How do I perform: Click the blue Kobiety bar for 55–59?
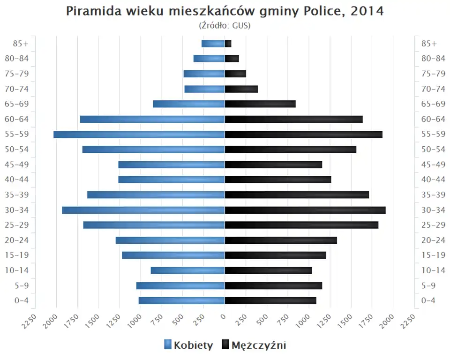tap(139, 135)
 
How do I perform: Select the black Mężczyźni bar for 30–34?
tap(305, 210)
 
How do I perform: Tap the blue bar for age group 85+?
tap(213, 44)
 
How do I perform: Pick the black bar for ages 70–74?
tap(241, 89)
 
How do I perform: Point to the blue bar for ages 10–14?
tap(187, 270)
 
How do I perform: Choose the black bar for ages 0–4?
tap(270, 300)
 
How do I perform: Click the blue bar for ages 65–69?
tap(189, 104)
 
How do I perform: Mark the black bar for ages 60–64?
tap(294, 119)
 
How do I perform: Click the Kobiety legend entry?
tap(188, 345)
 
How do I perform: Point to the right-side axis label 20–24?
tap(433, 240)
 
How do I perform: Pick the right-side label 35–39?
tap(433, 195)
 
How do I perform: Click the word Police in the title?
tap(319, 11)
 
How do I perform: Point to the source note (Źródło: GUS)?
tap(225, 25)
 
